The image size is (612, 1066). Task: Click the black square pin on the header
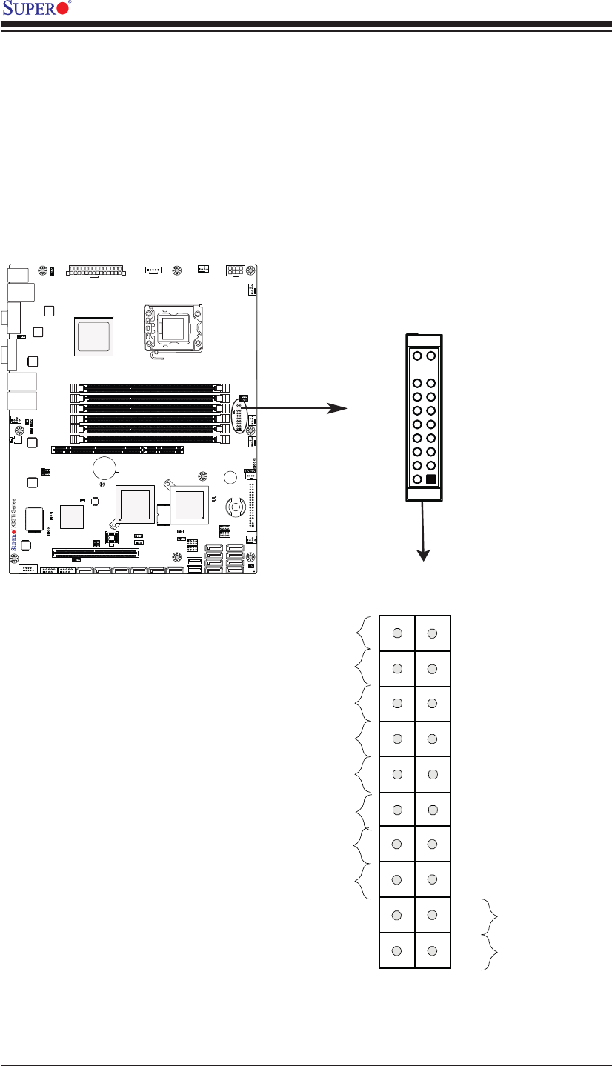tap(431, 479)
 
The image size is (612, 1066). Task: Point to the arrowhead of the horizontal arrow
tap(339, 408)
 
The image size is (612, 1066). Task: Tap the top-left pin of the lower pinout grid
tap(397, 633)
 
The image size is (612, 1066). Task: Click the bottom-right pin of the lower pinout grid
tap(433, 950)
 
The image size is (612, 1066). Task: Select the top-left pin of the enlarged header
tap(417, 356)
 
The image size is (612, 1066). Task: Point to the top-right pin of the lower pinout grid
tap(433, 633)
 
